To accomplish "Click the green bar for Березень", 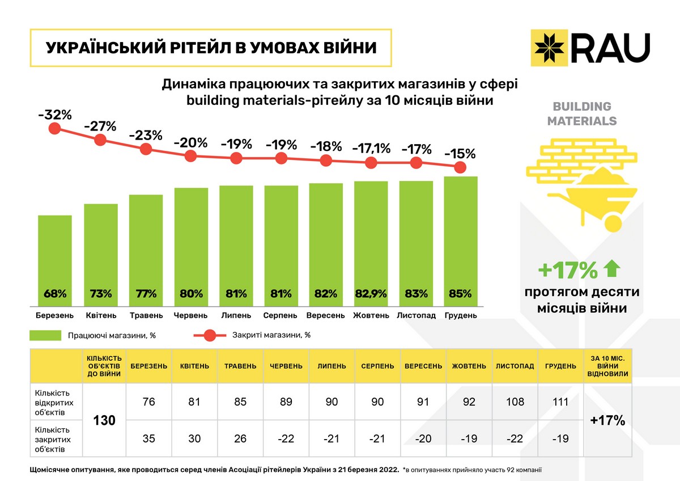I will [55, 255].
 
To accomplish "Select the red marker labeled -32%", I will [55, 128].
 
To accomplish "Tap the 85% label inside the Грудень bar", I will [460, 294].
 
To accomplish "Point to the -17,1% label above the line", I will [371, 149].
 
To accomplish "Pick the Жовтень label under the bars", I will [371, 315].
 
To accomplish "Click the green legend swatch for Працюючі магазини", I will [45, 335].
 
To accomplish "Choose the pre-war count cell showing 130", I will [104, 420].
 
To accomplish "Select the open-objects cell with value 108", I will [515, 402].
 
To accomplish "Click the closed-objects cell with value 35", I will [149, 438].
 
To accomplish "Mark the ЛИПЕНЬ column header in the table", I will [332, 366].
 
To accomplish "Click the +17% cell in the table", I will [607, 420].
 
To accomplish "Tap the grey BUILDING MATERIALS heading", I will [582, 113].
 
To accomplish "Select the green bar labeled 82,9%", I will [371, 238].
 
